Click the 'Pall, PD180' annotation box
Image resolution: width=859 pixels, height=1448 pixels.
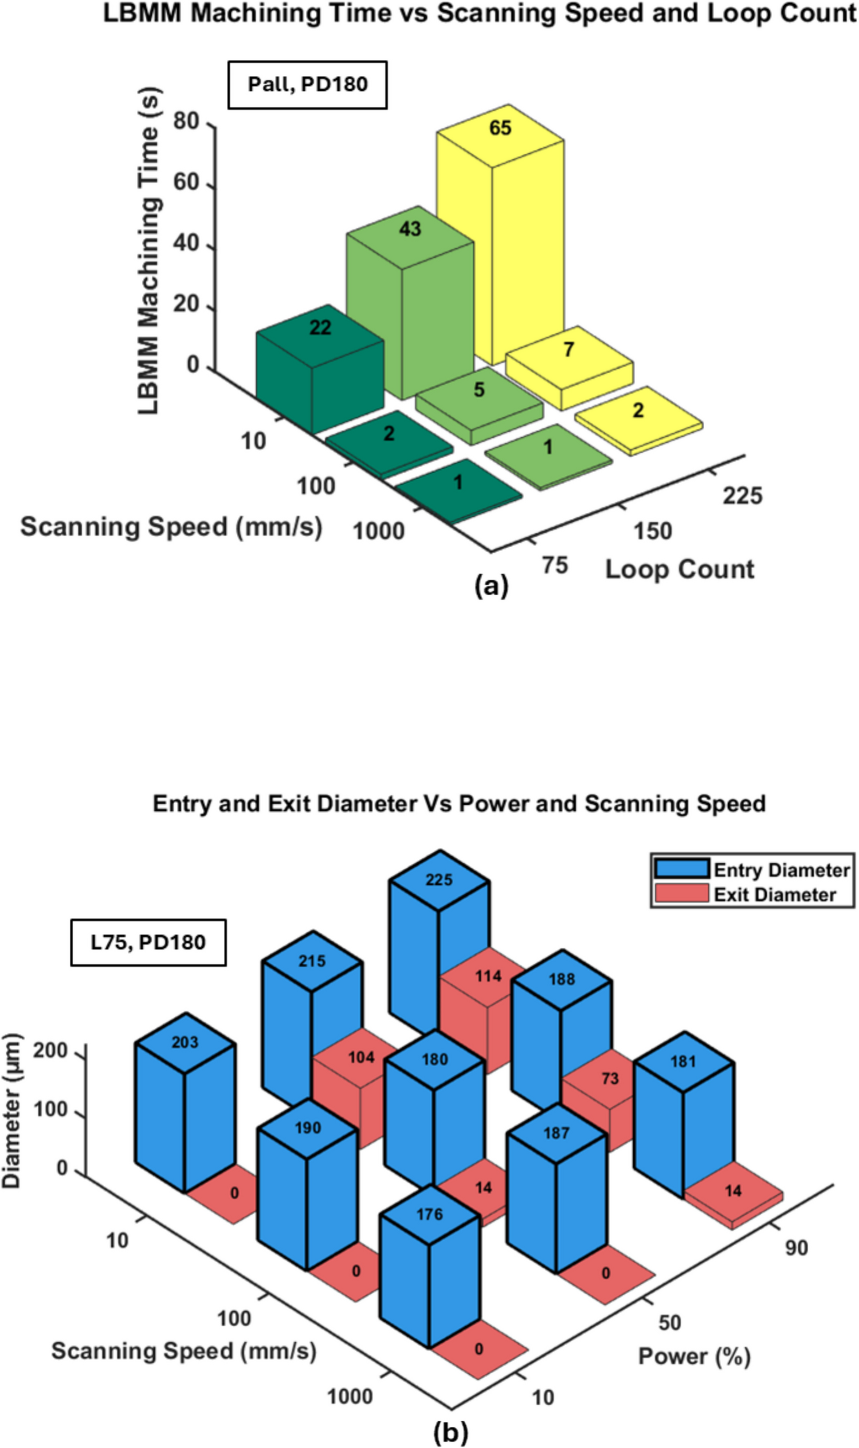click(307, 85)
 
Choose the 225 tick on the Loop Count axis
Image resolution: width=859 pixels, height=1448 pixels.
click(742, 496)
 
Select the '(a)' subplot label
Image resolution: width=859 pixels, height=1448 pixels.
click(491, 586)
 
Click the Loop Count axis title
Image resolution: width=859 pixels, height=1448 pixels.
click(680, 570)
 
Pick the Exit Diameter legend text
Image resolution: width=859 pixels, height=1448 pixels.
click(774, 895)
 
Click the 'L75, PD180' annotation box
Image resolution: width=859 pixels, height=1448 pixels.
click(148, 942)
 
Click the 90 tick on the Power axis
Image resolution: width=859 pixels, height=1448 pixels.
click(797, 1247)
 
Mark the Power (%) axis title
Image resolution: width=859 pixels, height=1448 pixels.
click(694, 1357)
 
